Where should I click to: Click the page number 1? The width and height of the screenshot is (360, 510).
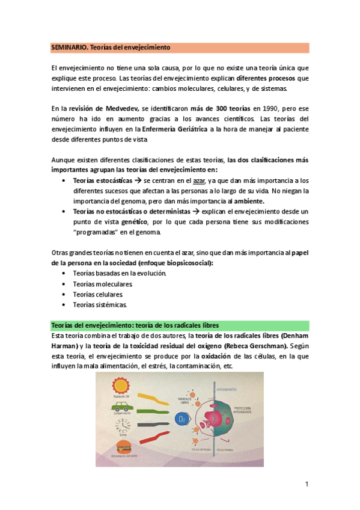pos(307,484)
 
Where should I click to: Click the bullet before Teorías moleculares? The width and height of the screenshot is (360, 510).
pos(65,284)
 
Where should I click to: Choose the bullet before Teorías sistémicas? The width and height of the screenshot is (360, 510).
pos(65,305)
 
